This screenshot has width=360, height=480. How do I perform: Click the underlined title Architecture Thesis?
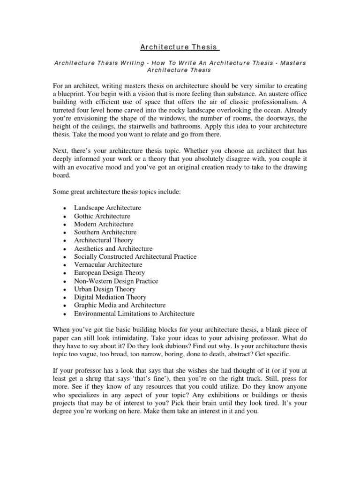click(179, 47)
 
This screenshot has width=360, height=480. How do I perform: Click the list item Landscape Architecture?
click(107, 208)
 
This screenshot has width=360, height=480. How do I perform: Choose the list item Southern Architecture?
click(105, 232)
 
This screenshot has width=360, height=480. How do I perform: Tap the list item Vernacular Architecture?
click(108, 264)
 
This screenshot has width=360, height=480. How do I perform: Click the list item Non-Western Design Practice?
click(116, 281)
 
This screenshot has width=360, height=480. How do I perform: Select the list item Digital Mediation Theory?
click(110, 297)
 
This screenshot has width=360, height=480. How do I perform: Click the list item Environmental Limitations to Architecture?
click(134, 314)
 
